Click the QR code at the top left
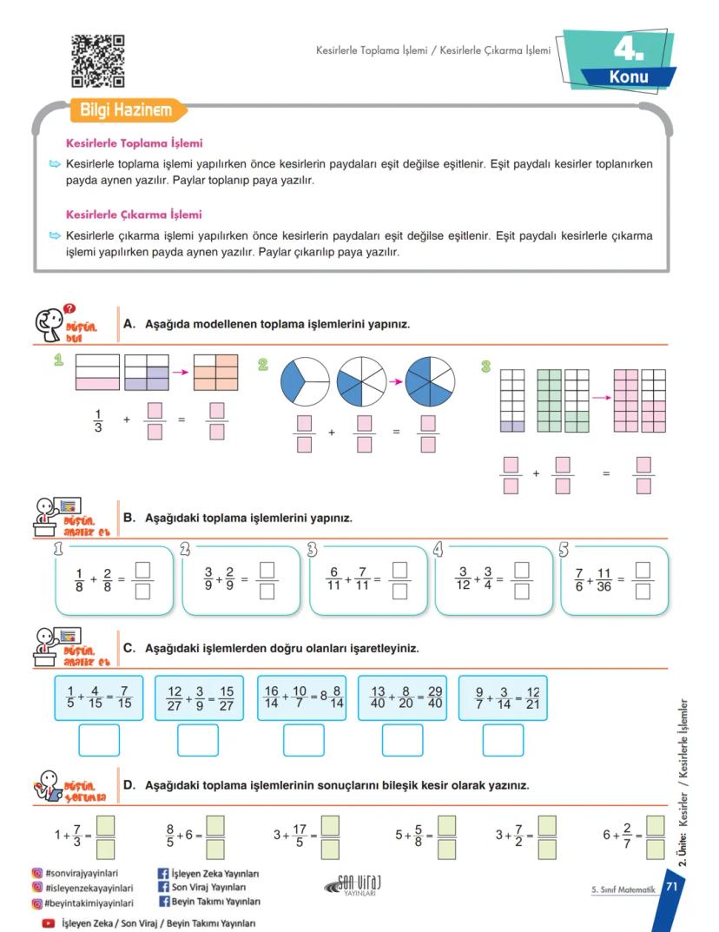pyautogui.click(x=97, y=61)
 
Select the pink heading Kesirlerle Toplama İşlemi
pyautogui.click(x=135, y=143)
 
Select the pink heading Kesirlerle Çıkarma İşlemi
pyautogui.click(x=134, y=214)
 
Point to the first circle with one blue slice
pyautogui.click(x=305, y=380)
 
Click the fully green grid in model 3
pyautogui.click(x=550, y=400)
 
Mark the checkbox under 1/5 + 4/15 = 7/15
pyautogui.click(x=99, y=739)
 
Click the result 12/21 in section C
pyautogui.click(x=532, y=698)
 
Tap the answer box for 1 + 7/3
pyautogui.click(x=105, y=836)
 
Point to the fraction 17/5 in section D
pyautogui.click(x=300, y=836)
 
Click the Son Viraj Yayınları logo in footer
pyautogui.click(x=352, y=885)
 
